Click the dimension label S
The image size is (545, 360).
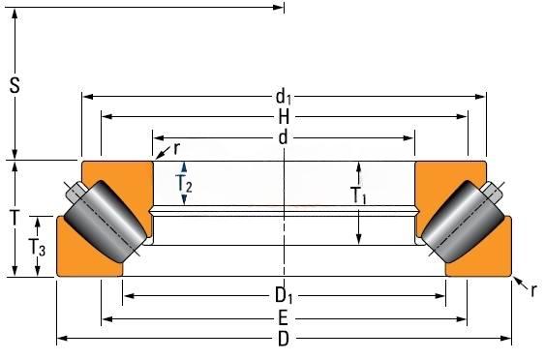point(15,85)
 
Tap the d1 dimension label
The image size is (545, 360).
point(284,97)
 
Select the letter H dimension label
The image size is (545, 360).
point(284,117)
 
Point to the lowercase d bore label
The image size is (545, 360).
point(284,138)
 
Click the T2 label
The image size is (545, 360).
point(184,183)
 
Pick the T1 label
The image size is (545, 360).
point(359,195)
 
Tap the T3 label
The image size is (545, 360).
point(37,248)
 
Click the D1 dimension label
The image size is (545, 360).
point(284,296)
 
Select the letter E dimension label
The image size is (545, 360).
point(284,318)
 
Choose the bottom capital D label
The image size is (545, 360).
point(284,339)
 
